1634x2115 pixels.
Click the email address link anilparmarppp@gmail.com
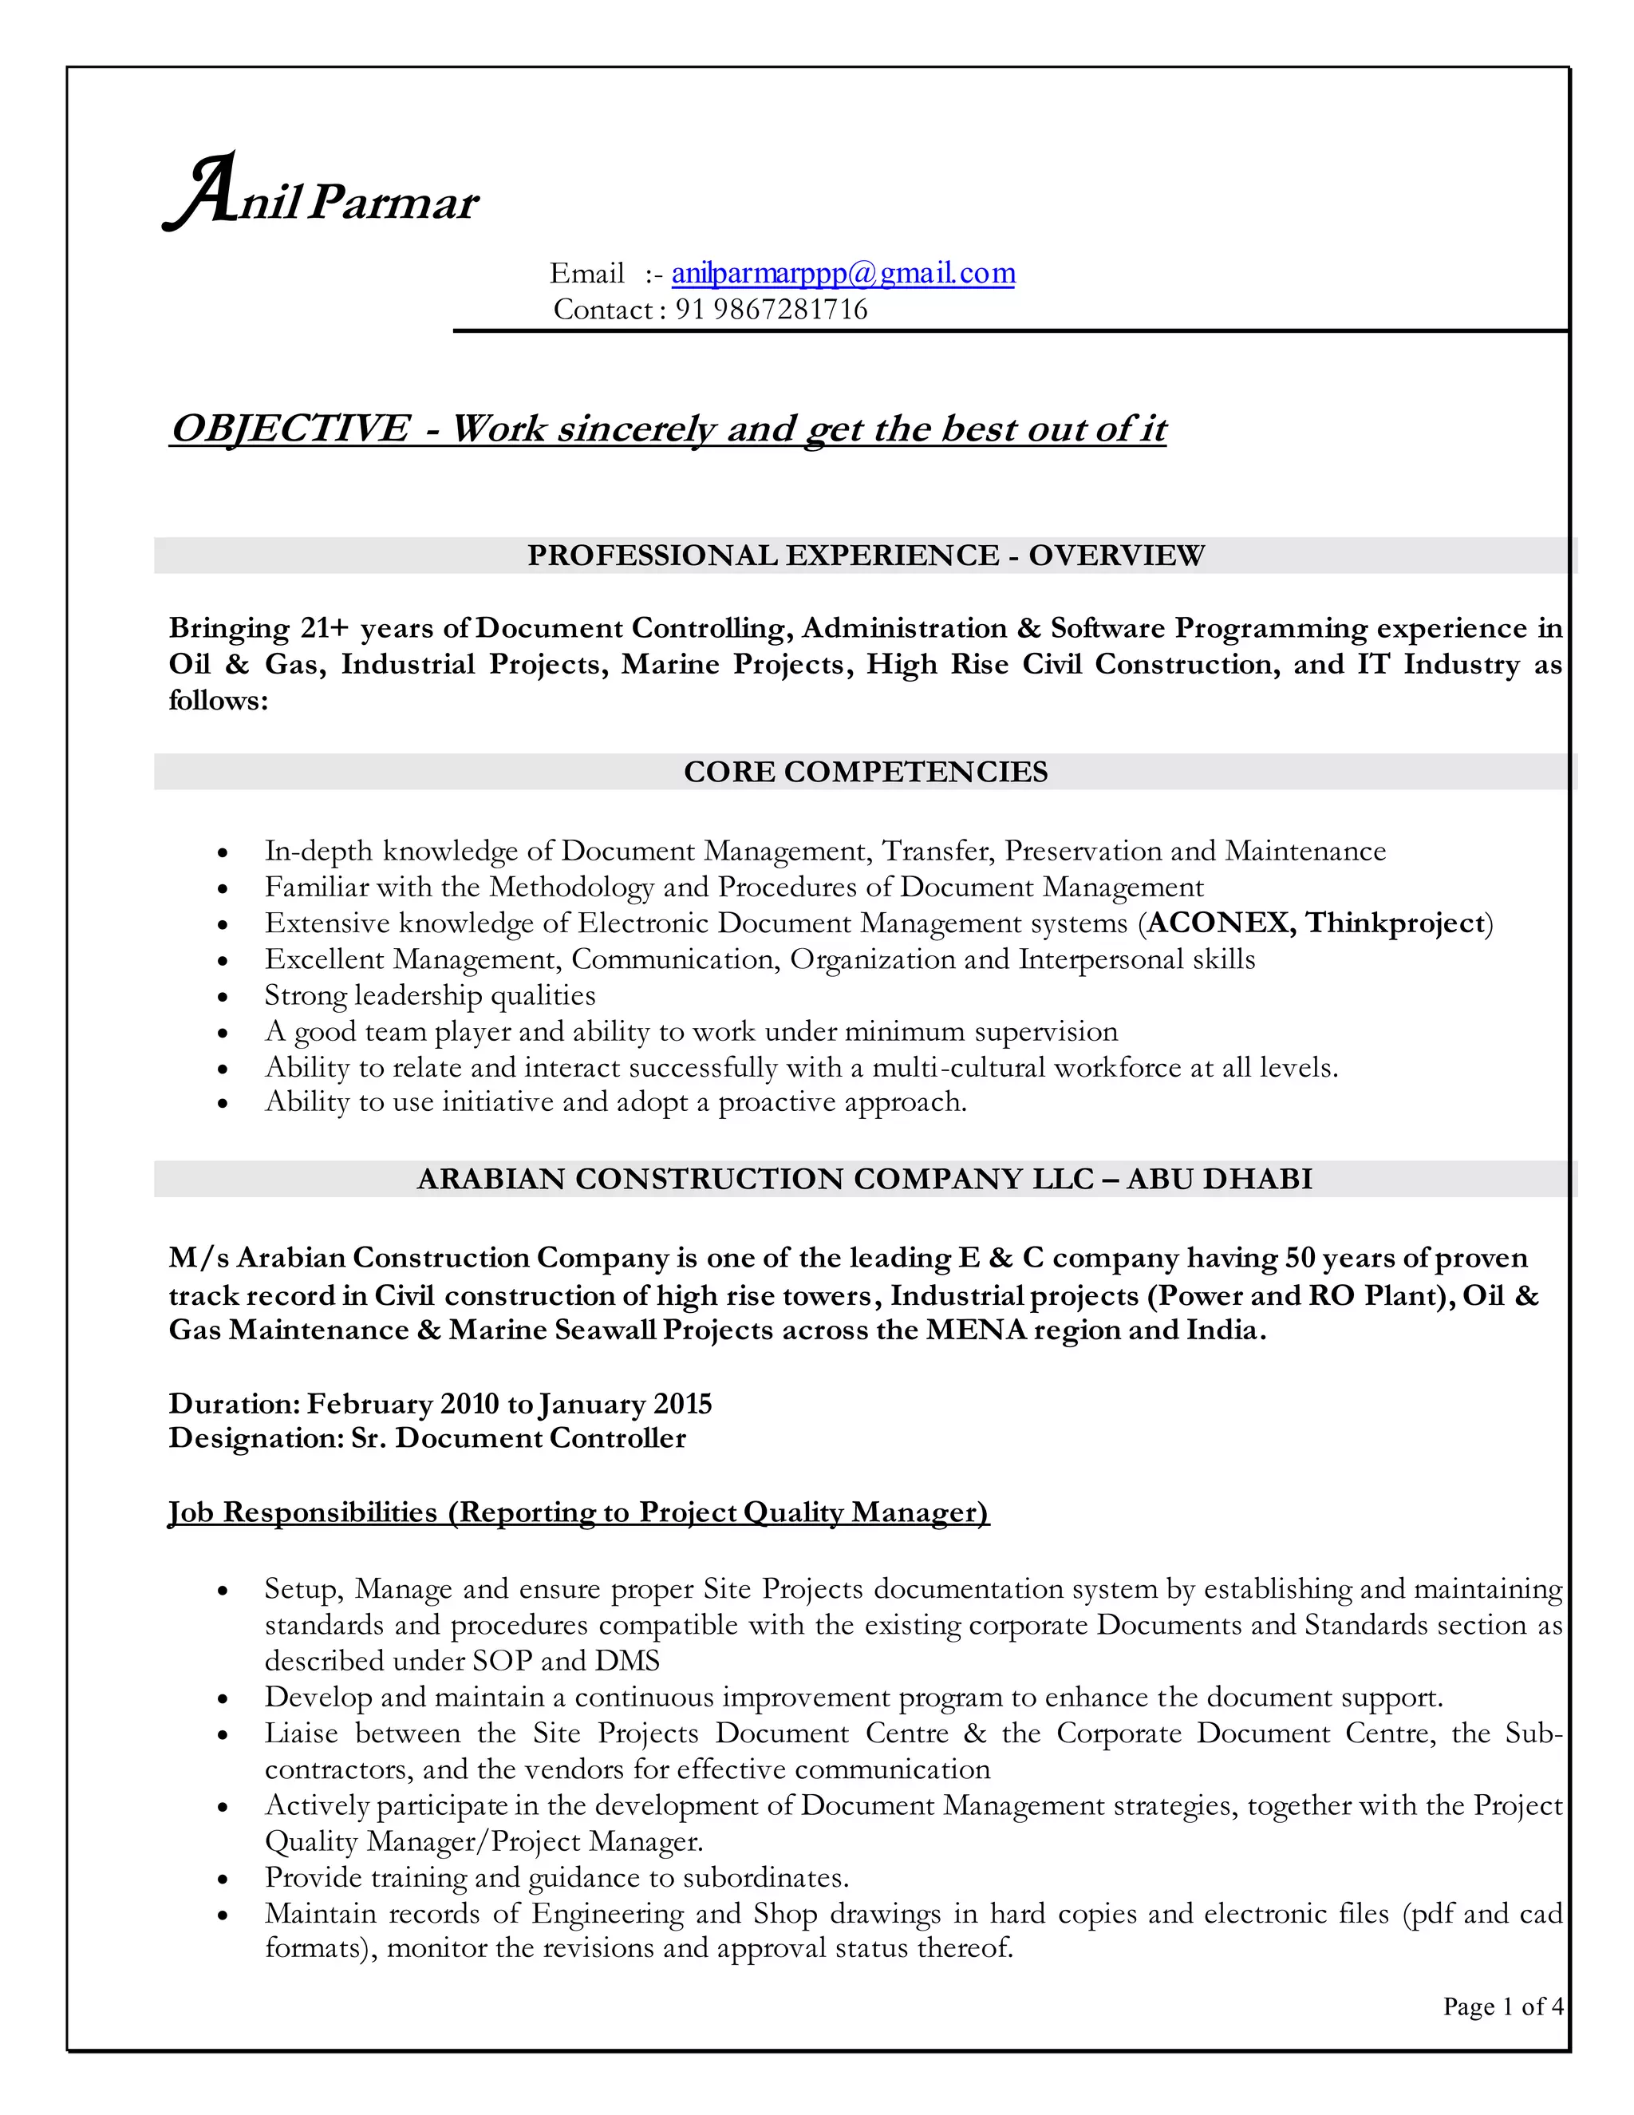pyautogui.click(x=843, y=274)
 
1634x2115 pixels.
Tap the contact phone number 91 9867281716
pyautogui.click(x=771, y=310)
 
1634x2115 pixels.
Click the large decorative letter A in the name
pyautogui.click(x=200, y=192)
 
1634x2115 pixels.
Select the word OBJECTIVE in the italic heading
pyautogui.click(x=290, y=428)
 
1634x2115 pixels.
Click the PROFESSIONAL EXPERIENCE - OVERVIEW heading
pyautogui.click(x=866, y=555)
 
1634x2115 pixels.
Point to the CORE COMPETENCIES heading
pyautogui.click(x=866, y=772)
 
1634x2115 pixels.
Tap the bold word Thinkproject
pyautogui.click(x=1395, y=923)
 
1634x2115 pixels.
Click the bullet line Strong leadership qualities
pyautogui.click(x=430, y=995)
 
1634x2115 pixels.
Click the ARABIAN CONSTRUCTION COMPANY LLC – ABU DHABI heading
pyautogui.click(x=866, y=1180)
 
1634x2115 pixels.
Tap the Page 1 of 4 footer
pyautogui.click(x=1502, y=2006)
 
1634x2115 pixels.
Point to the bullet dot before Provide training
pyautogui.click(x=223, y=1879)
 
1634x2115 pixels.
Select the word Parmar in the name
pyautogui.click(x=394, y=204)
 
